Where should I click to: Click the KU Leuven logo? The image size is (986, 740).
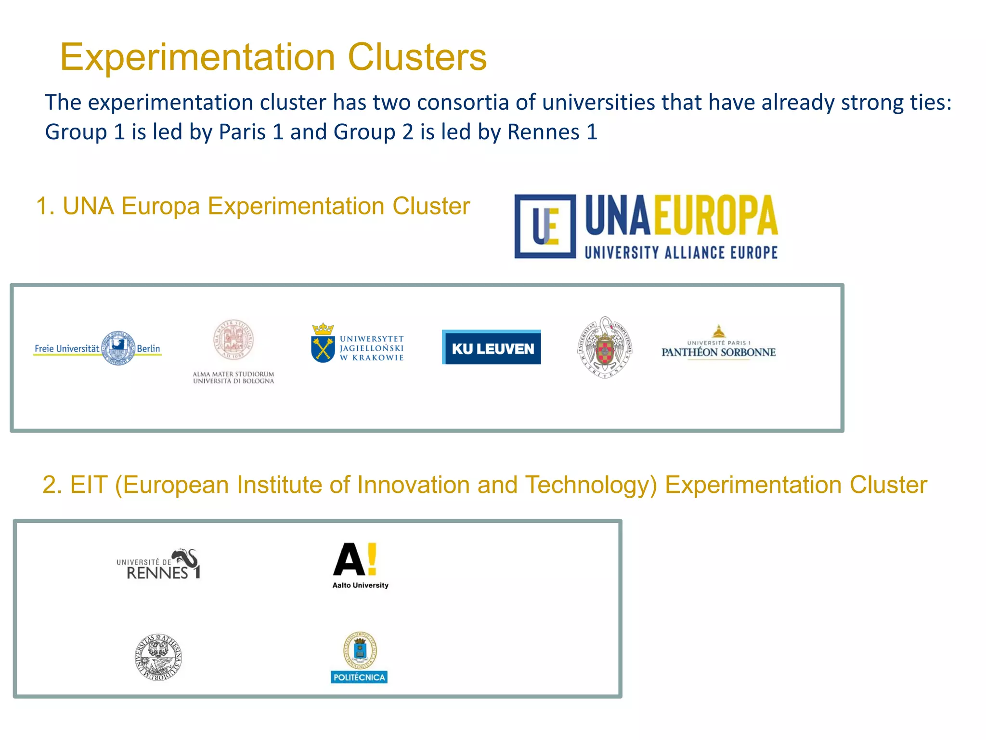click(x=492, y=347)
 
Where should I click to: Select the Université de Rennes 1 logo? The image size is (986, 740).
click(x=159, y=565)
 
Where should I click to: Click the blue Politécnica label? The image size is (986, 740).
click(x=359, y=677)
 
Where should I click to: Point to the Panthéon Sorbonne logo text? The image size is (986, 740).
click(x=718, y=352)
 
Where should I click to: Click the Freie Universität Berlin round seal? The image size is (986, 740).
click(x=118, y=348)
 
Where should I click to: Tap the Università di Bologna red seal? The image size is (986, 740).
click(x=234, y=340)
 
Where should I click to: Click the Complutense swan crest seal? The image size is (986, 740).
click(x=605, y=347)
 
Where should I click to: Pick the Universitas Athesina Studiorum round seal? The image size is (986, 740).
click(x=158, y=657)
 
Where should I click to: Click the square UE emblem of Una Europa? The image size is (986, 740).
click(x=545, y=226)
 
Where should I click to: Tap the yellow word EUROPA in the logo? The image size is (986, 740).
click(x=715, y=216)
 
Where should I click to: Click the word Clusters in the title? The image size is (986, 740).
click(x=417, y=57)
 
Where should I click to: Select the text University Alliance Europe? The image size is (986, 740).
click(x=681, y=252)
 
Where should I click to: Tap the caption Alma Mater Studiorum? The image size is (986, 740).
click(x=234, y=374)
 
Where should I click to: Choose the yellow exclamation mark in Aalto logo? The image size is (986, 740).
click(x=371, y=559)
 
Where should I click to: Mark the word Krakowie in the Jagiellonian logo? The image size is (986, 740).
click(x=378, y=358)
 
